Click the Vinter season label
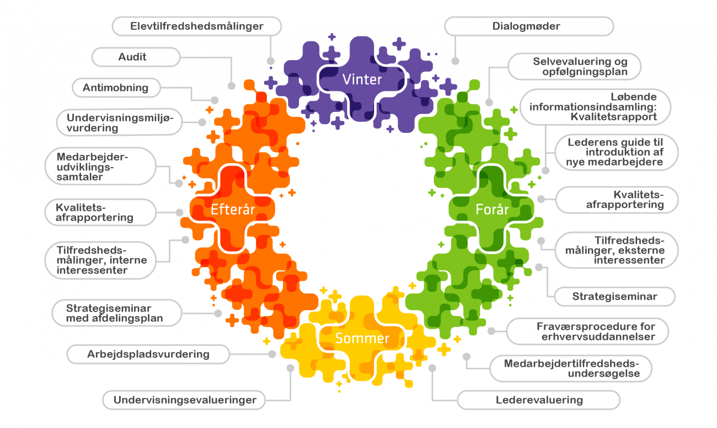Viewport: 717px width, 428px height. click(x=362, y=79)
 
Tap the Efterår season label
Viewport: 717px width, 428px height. click(x=233, y=210)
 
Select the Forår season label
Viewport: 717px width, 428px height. click(x=492, y=210)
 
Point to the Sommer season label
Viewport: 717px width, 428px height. click(x=362, y=338)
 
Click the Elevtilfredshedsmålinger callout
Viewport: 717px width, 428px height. click(x=197, y=26)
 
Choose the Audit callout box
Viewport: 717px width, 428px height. click(x=136, y=57)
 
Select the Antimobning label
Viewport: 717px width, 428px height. click(x=116, y=88)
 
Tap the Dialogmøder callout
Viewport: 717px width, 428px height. click(x=529, y=26)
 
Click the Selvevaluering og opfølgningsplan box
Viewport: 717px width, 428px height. click(x=574, y=66)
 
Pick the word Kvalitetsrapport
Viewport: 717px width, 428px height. click(x=614, y=117)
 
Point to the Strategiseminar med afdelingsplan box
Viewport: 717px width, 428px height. click(x=117, y=313)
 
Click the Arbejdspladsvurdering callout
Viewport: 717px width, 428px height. click(x=148, y=354)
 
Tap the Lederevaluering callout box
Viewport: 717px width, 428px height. click(x=538, y=400)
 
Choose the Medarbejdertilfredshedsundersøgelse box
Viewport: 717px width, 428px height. click(x=571, y=368)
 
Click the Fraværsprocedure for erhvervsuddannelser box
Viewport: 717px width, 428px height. click(x=587, y=331)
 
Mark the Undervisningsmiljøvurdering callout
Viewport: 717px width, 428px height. click(x=119, y=122)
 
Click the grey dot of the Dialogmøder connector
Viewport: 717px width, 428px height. click(x=455, y=61)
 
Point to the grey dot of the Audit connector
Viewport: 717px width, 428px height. click(x=232, y=86)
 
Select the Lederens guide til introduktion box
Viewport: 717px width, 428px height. click(x=616, y=152)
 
